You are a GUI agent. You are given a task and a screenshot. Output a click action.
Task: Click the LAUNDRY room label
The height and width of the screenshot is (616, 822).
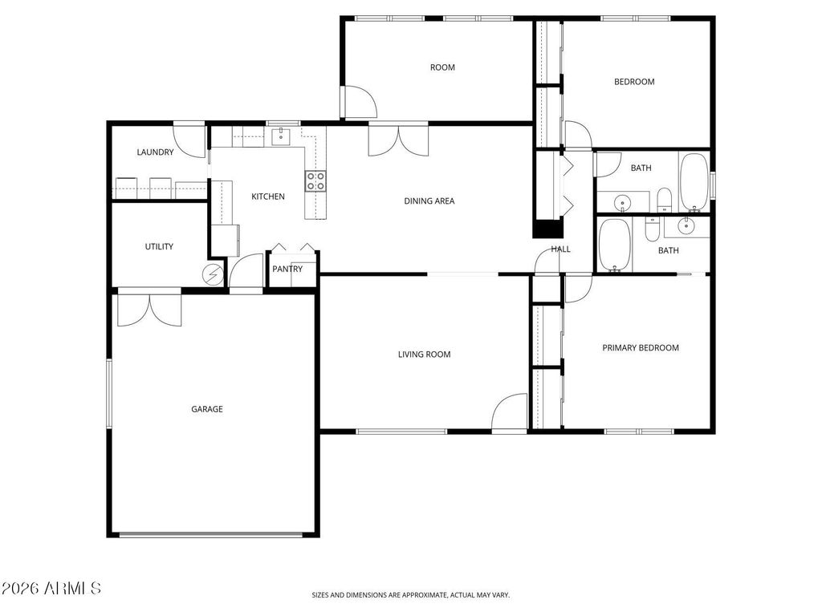point(155,152)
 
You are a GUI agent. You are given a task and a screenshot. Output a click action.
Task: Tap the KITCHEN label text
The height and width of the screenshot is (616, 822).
point(267,197)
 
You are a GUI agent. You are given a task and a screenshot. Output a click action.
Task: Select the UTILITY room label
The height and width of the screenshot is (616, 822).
point(159,247)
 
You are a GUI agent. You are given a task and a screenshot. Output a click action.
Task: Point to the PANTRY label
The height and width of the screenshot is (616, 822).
point(287,269)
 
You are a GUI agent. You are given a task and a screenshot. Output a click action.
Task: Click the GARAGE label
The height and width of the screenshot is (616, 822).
point(206,409)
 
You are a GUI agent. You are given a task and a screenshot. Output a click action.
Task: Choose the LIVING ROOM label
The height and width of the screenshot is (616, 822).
point(424,355)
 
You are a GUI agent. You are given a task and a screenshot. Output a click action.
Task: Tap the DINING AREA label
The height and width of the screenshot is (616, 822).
point(429,201)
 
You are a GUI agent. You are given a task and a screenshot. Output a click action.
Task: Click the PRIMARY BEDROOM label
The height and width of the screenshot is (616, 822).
point(641,348)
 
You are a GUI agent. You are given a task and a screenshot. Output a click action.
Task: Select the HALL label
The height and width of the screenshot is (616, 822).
point(560,249)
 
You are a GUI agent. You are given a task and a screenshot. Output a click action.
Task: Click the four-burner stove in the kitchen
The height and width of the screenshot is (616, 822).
point(315,181)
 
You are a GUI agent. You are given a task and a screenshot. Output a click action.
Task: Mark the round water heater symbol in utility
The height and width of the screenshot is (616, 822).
point(214,274)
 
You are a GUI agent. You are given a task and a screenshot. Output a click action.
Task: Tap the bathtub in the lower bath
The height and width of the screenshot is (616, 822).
point(615,245)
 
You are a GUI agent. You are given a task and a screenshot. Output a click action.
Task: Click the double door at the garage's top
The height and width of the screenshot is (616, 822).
point(149,310)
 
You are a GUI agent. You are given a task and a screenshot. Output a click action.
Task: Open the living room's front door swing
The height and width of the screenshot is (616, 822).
point(511,414)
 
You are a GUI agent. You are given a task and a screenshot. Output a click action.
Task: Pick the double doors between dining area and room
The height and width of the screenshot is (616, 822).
point(398,140)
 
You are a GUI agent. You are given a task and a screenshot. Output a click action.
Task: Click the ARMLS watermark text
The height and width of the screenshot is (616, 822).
point(51,589)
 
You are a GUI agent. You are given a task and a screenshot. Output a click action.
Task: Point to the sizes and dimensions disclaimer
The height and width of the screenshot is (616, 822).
point(410,595)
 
